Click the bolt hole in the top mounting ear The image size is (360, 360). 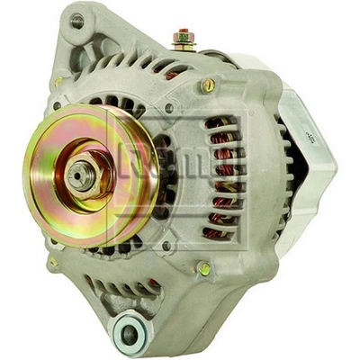click(77, 20)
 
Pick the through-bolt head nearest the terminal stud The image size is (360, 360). click(208, 85)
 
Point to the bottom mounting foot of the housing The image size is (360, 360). click(130, 328)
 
